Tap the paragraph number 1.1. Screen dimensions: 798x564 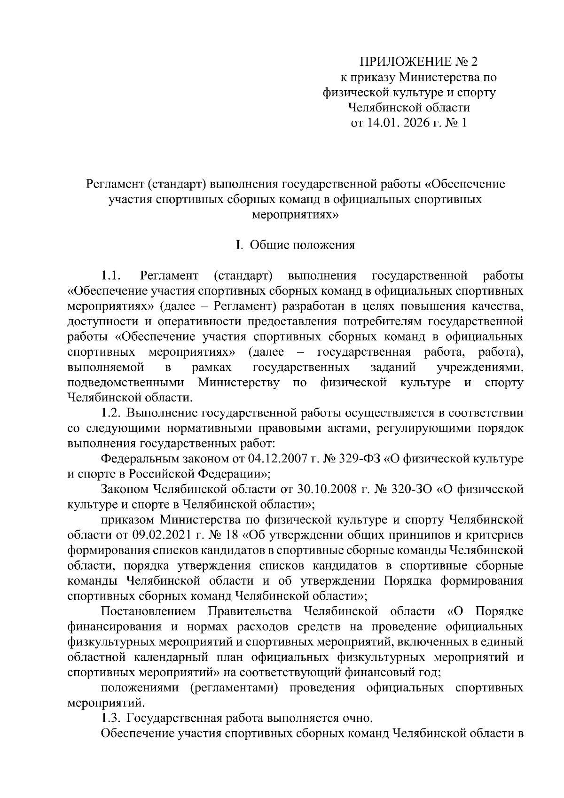click(x=111, y=276)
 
